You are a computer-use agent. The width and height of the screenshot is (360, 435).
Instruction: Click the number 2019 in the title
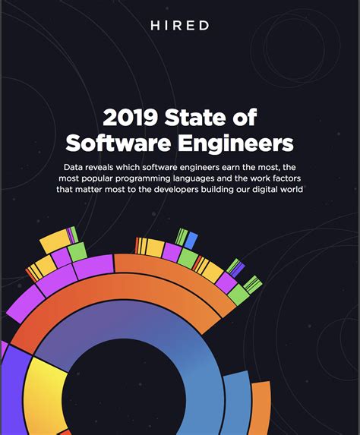click(130, 118)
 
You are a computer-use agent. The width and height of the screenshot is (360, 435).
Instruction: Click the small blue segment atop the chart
click(191, 241)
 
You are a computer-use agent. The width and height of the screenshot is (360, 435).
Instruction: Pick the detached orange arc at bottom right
click(261, 410)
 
